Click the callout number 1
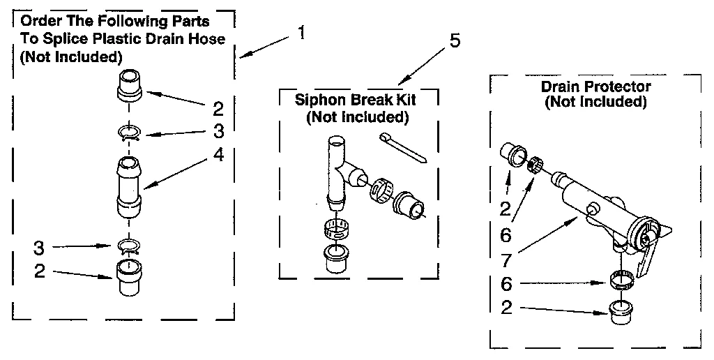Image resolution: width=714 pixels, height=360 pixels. [x=300, y=33]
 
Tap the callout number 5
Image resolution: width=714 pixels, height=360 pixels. [x=454, y=40]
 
